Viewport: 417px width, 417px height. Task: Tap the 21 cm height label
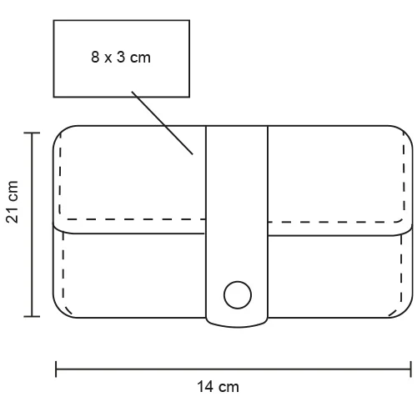coord(12,203)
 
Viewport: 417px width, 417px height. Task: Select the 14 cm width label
coord(218,386)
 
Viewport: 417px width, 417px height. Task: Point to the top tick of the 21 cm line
coord(32,132)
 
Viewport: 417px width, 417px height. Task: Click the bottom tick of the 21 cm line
coord(32,316)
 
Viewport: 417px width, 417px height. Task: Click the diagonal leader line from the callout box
coord(163,125)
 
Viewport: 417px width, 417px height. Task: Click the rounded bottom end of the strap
coord(237,321)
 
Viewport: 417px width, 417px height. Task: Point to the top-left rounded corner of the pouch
coord(60,133)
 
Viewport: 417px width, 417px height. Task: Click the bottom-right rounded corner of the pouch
coord(405,310)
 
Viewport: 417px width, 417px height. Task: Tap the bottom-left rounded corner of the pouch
coord(60,310)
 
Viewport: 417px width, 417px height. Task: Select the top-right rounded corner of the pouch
coord(405,133)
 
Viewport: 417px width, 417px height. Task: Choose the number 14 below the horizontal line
coord(205,386)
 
